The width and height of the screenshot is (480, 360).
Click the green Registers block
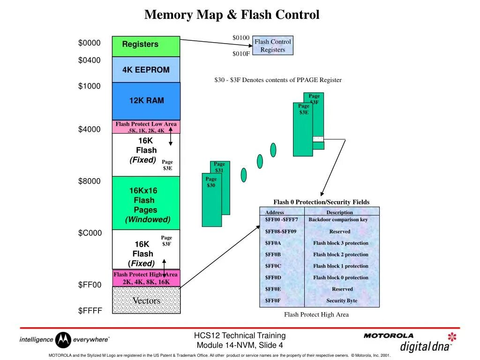coord(146,46)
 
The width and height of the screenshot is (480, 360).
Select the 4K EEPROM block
coord(146,69)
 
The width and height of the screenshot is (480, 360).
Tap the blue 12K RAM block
coord(146,100)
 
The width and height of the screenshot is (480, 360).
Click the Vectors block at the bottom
coord(146,300)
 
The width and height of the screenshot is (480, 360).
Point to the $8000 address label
coord(89,181)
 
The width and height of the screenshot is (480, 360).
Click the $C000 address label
coord(90,233)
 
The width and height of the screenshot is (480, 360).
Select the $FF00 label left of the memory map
coord(89,285)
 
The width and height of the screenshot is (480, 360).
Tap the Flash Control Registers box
coord(272,45)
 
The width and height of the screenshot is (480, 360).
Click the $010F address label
coord(241,53)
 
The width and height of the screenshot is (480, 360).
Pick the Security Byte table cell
coord(342,300)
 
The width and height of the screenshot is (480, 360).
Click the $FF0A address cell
coord(273,243)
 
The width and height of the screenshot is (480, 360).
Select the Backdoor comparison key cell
coord(338,219)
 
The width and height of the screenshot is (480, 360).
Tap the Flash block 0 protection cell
coord(341,277)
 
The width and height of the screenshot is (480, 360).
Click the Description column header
coord(339,212)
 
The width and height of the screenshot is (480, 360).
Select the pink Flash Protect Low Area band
coord(146,127)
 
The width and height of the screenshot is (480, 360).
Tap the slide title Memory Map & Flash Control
coord(232,15)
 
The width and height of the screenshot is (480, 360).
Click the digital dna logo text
coord(425,346)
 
